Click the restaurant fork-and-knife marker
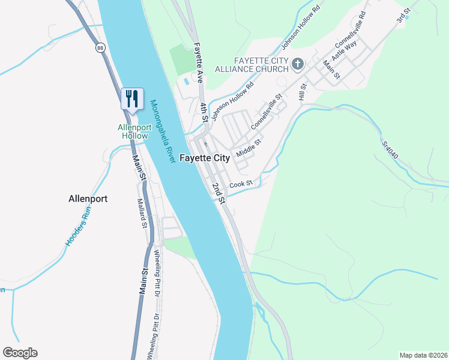(132, 99)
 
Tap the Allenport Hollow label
(133, 131)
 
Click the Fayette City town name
(205, 158)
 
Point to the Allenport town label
(88, 198)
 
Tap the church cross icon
(297, 64)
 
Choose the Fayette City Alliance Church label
(261, 64)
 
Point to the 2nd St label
(217, 192)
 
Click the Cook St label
(241, 184)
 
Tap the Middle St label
(249, 148)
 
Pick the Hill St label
(303, 92)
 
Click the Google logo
(20, 353)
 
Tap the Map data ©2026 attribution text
(423, 355)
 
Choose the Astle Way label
(345, 52)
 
